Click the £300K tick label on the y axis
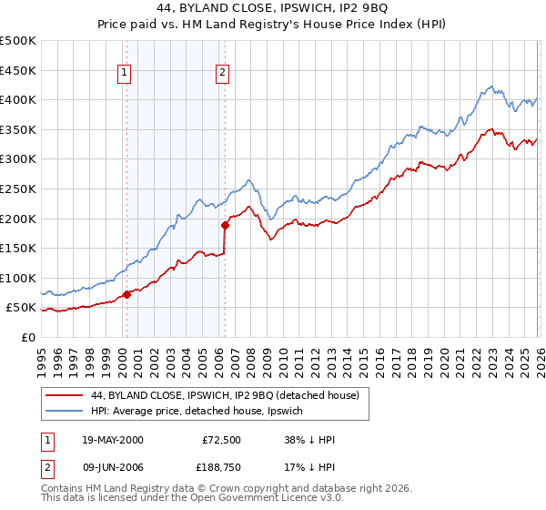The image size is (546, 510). (18, 159)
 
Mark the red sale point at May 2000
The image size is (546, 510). (127, 293)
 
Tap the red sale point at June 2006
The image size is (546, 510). (225, 224)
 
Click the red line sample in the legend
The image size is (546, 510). (64, 395)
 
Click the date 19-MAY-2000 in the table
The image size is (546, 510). (107, 440)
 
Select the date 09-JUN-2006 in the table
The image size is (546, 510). (107, 467)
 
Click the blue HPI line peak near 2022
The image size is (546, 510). (490, 87)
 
